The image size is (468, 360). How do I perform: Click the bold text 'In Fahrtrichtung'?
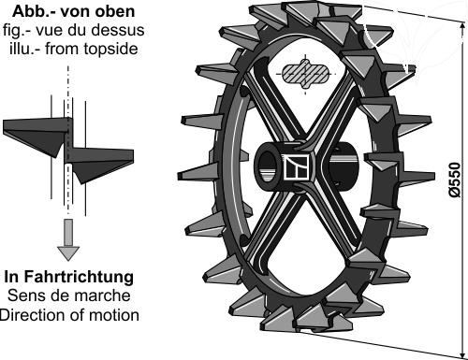[68, 278]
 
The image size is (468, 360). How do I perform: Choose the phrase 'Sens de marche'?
[68, 295]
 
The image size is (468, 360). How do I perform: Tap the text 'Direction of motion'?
[69, 314]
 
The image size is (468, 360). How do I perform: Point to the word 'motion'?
[114, 314]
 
